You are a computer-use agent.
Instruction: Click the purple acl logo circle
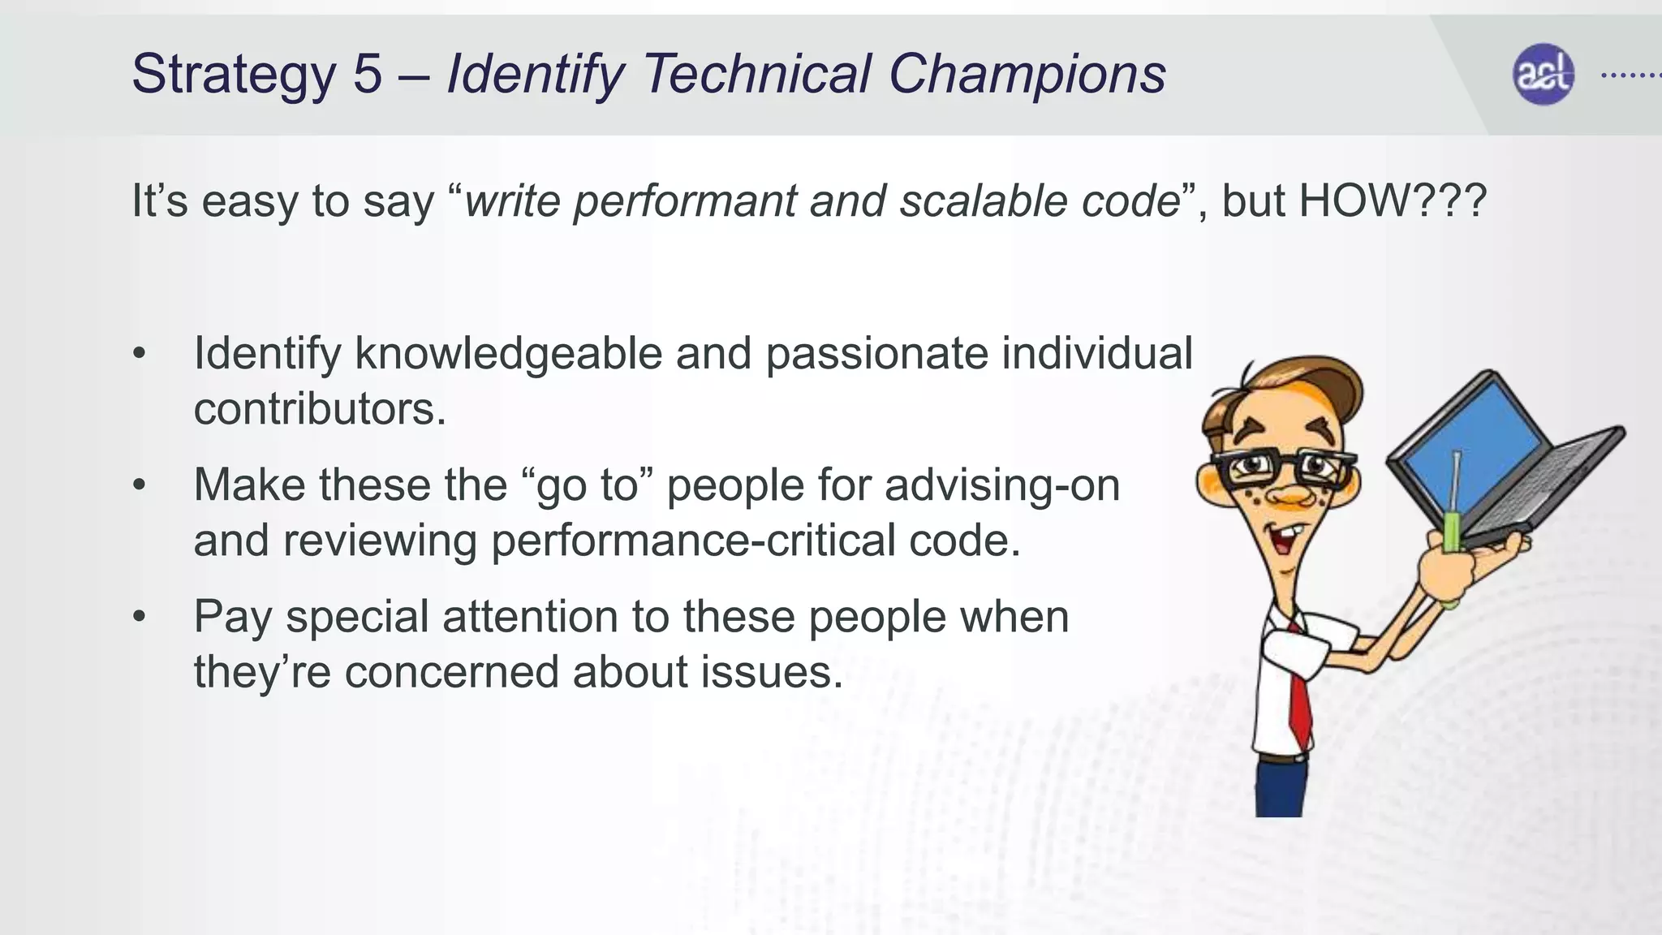pyautogui.click(x=1543, y=75)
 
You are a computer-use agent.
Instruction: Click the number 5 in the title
pyautogui.click(x=367, y=74)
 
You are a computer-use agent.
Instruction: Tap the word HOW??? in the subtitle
pyautogui.click(x=1393, y=200)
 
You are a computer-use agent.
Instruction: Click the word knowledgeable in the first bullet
pyautogui.click(x=508, y=354)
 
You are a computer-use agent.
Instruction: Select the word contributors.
pyautogui.click(x=319, y=408)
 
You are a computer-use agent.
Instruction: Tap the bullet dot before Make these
pyautogui.click(x=140, y=485)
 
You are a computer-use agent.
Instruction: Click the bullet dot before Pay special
pyautogui.click(x=140, y=617)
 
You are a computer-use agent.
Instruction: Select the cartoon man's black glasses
pyautogui.click(x=1282, y=467)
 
